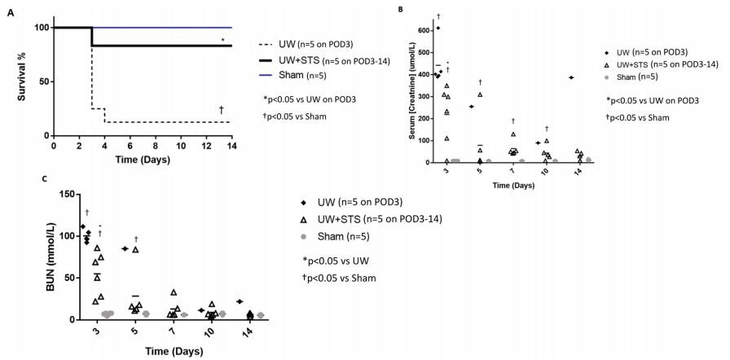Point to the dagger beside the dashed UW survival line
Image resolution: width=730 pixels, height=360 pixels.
tap(222, 111)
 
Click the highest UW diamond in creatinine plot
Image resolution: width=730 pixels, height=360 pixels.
tap(438, 28)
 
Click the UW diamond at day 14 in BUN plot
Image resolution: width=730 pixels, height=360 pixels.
tap(237, 301)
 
